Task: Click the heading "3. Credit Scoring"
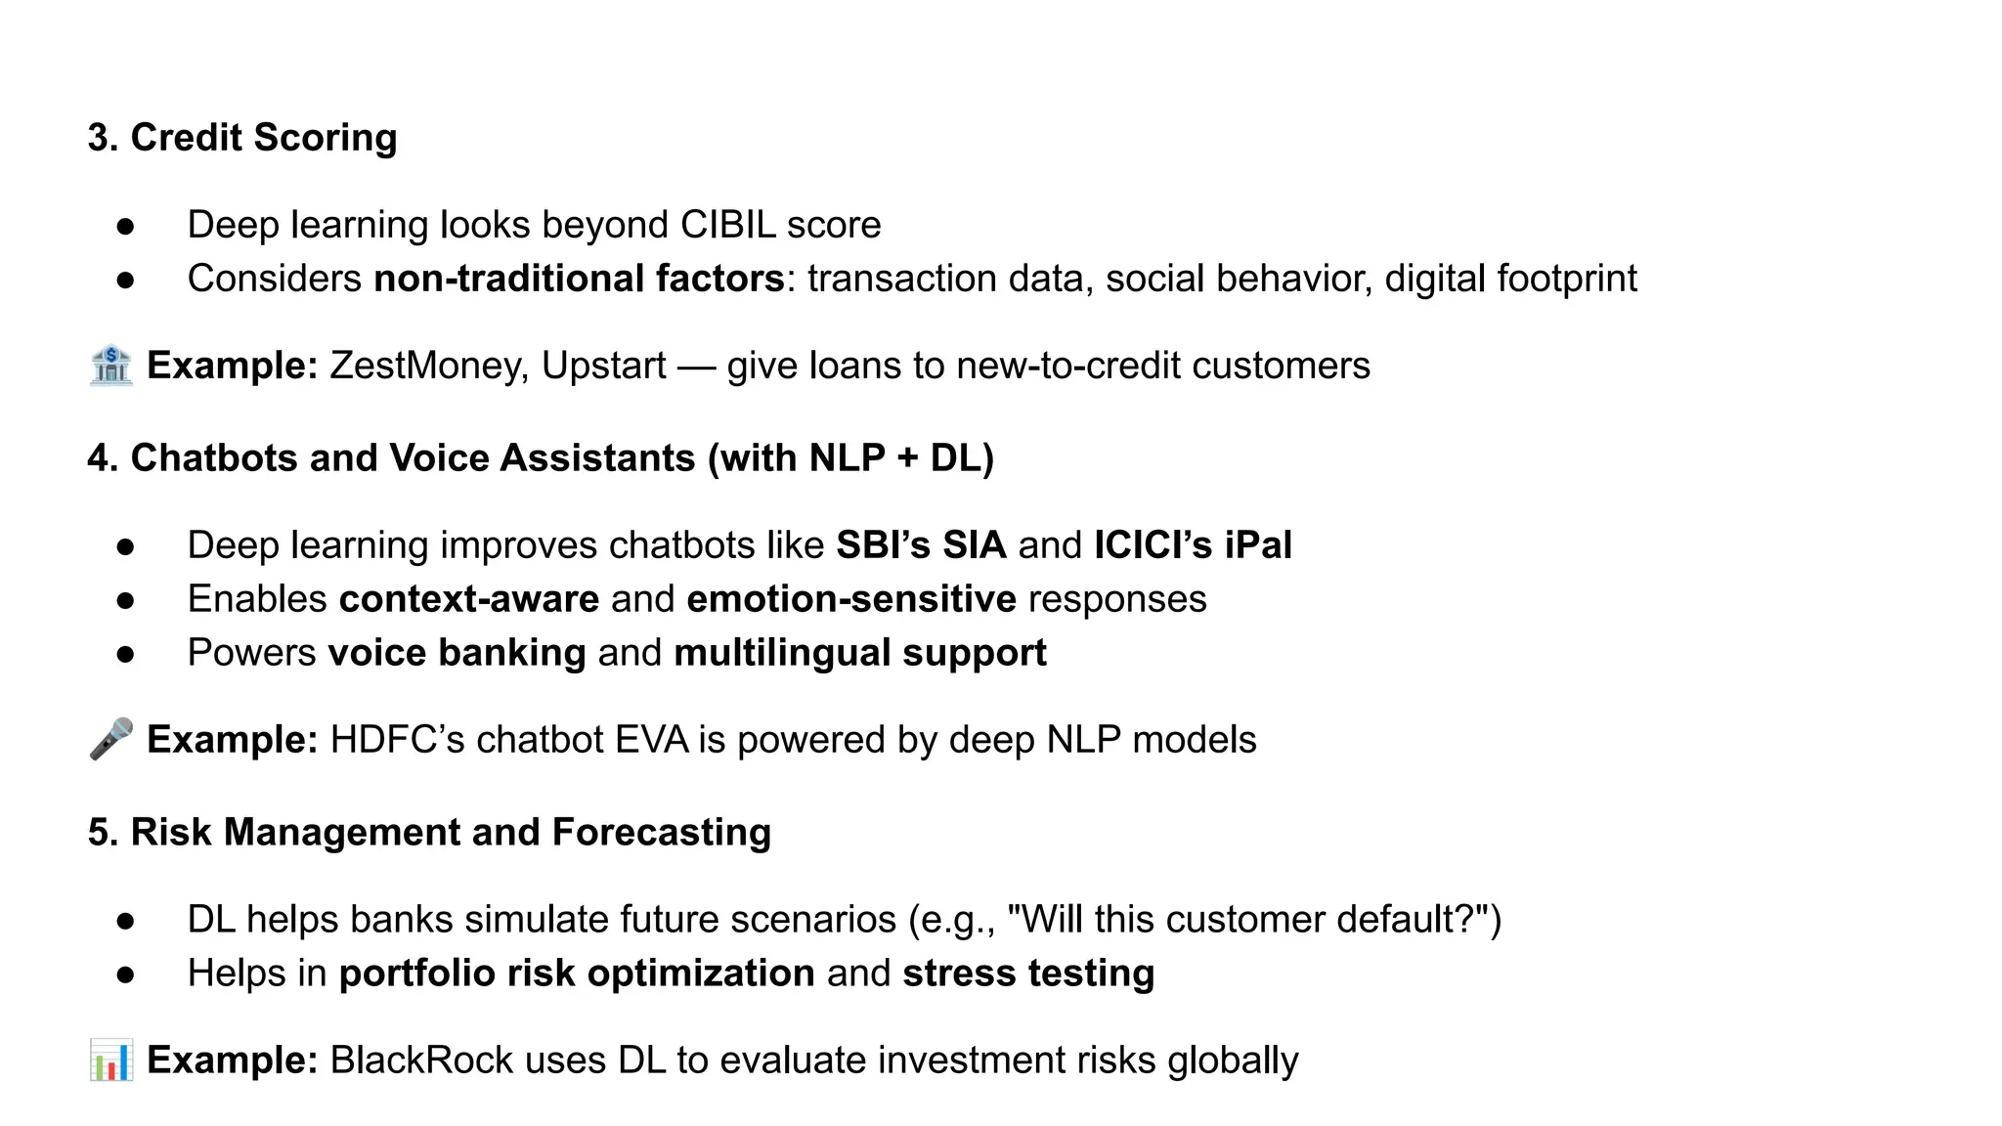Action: click(242, 138)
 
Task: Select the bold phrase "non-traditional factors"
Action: click(579, 279)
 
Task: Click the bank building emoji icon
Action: click(110, 366)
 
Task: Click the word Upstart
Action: click(603, 366)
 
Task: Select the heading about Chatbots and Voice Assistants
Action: click(541, 458)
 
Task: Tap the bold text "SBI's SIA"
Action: click(921, 545)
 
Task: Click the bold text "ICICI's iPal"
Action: click(1193, 545)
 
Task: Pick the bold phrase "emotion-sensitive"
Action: click(851, 599)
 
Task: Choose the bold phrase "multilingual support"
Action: click(860, 653)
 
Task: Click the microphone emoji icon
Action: click(110, 740)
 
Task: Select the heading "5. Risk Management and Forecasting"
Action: click(429, 833)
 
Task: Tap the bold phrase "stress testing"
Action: click(1028, 974)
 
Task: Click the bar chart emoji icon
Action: click(110, 1061)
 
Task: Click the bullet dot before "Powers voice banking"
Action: click(125, 654)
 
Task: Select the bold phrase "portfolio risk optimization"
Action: click(577, 974)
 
